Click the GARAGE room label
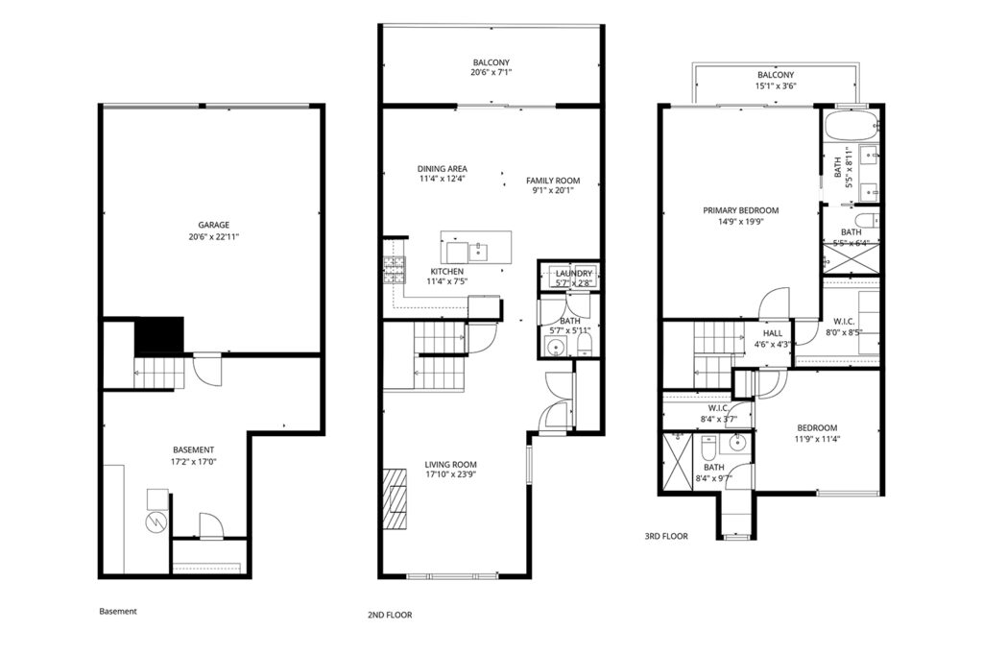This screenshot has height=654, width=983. pyautogui.click(x=214, y=225)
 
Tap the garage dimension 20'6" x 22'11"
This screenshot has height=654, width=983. pyautogui.click(x=214, y=237)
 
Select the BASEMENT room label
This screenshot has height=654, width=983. pyautogui.click(x=194, y=449)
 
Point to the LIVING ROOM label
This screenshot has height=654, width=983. pyautogui.click(x=451, y=465)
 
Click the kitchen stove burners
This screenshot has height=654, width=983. pyautogui.click(x=395, y=270)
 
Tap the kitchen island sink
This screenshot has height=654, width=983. pyautogui.click(x=478, y=252)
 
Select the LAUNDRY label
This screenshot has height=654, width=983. pyautogui.click(x=574, y=274)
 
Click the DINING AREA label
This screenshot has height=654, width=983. pyautogui.click(x=443, y=169)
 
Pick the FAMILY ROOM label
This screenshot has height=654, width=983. pyautogui.click(x=553, y=181)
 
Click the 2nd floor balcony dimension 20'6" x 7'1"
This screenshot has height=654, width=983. pyautogui.click(x=491, y=73)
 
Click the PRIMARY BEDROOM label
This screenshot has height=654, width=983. pyautogui.click(x=741, y=210)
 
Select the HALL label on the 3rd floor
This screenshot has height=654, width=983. pyautogui.click(x=773, y=333)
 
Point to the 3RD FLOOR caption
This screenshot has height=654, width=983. pyautogui.click(x=666, y=536)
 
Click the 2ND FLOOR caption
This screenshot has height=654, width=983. pyautogui.click(x=390, y=616)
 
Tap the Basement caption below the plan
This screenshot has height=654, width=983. pyautogui.click(x=118, y=612)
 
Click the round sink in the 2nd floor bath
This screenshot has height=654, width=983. pyautogui.click(x=555, y=346)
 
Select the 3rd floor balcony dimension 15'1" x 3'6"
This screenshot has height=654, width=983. pyautogui.click(x=776, y=86)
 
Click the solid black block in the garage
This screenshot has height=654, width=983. pyautogui.click(x=159, y=337)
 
